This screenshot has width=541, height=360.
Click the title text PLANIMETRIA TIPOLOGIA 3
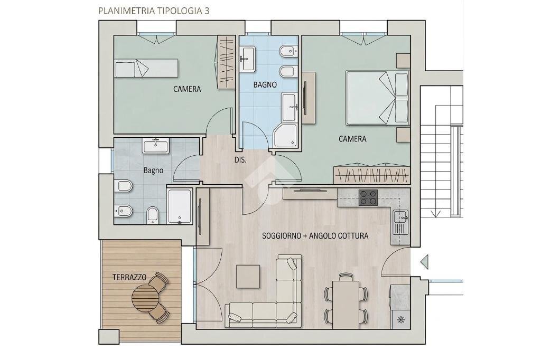pos(154,11)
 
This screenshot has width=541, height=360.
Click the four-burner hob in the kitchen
pos(368,197)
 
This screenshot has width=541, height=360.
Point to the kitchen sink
pos(400,222)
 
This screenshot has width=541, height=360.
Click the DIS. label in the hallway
pos(240,160)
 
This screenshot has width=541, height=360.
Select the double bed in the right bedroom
pos(377,98)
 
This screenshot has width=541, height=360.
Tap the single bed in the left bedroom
pos(147,68)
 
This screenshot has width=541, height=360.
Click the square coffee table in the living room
pos(248,276)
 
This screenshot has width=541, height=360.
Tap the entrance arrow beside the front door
pos(424,261)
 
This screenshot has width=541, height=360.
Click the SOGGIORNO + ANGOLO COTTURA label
pos(315,236)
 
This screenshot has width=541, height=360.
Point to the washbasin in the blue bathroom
pos(247,59)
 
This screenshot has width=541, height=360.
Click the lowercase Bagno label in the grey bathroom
pos(154,170)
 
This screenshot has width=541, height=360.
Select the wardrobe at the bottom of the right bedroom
pos(371,175)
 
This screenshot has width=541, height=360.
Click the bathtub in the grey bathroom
pos(179,206)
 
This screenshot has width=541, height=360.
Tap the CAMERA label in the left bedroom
pos(187,89)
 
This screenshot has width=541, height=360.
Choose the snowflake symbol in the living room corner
pos(400,319)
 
